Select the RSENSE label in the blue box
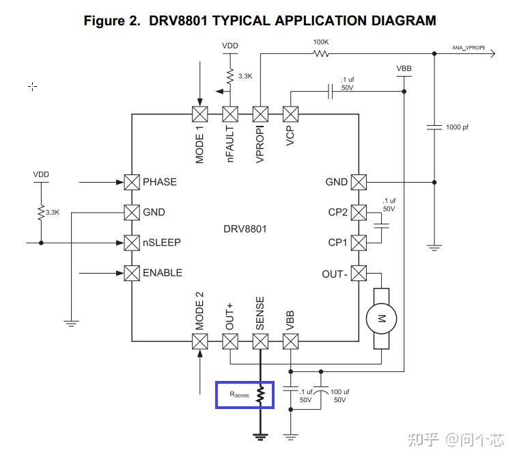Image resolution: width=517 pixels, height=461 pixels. (x=239, y=395)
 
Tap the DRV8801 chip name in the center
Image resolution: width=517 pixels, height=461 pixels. (x=244, y=228)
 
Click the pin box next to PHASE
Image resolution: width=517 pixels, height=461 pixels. (x=132, y=182)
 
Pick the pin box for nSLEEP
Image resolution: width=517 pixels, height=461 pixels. (x=132, y=242)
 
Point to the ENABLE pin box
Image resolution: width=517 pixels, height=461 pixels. (x=132, y=273)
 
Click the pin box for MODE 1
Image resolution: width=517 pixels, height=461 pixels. (x=199, y=114)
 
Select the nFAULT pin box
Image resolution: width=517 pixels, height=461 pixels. (x=230, y=114)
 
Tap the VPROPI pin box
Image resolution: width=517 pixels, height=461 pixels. (x=260, y=114)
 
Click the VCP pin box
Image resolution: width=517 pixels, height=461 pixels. (x=291, y=114)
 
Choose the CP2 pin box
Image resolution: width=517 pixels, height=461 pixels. (x=359, y=212)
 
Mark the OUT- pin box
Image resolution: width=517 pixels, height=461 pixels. (x=359, y=274)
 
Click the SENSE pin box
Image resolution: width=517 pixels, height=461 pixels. (x=260, y=341)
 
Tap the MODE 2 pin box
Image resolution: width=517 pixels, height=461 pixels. (x=199, y=341)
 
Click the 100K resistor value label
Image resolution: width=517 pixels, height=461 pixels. (x=321, y=42)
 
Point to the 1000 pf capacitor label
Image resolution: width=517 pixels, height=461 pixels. (x=458, y=127)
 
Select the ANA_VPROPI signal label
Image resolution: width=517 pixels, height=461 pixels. (x=469, y=48)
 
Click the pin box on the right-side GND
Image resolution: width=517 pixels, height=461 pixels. (x=359, y=182)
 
